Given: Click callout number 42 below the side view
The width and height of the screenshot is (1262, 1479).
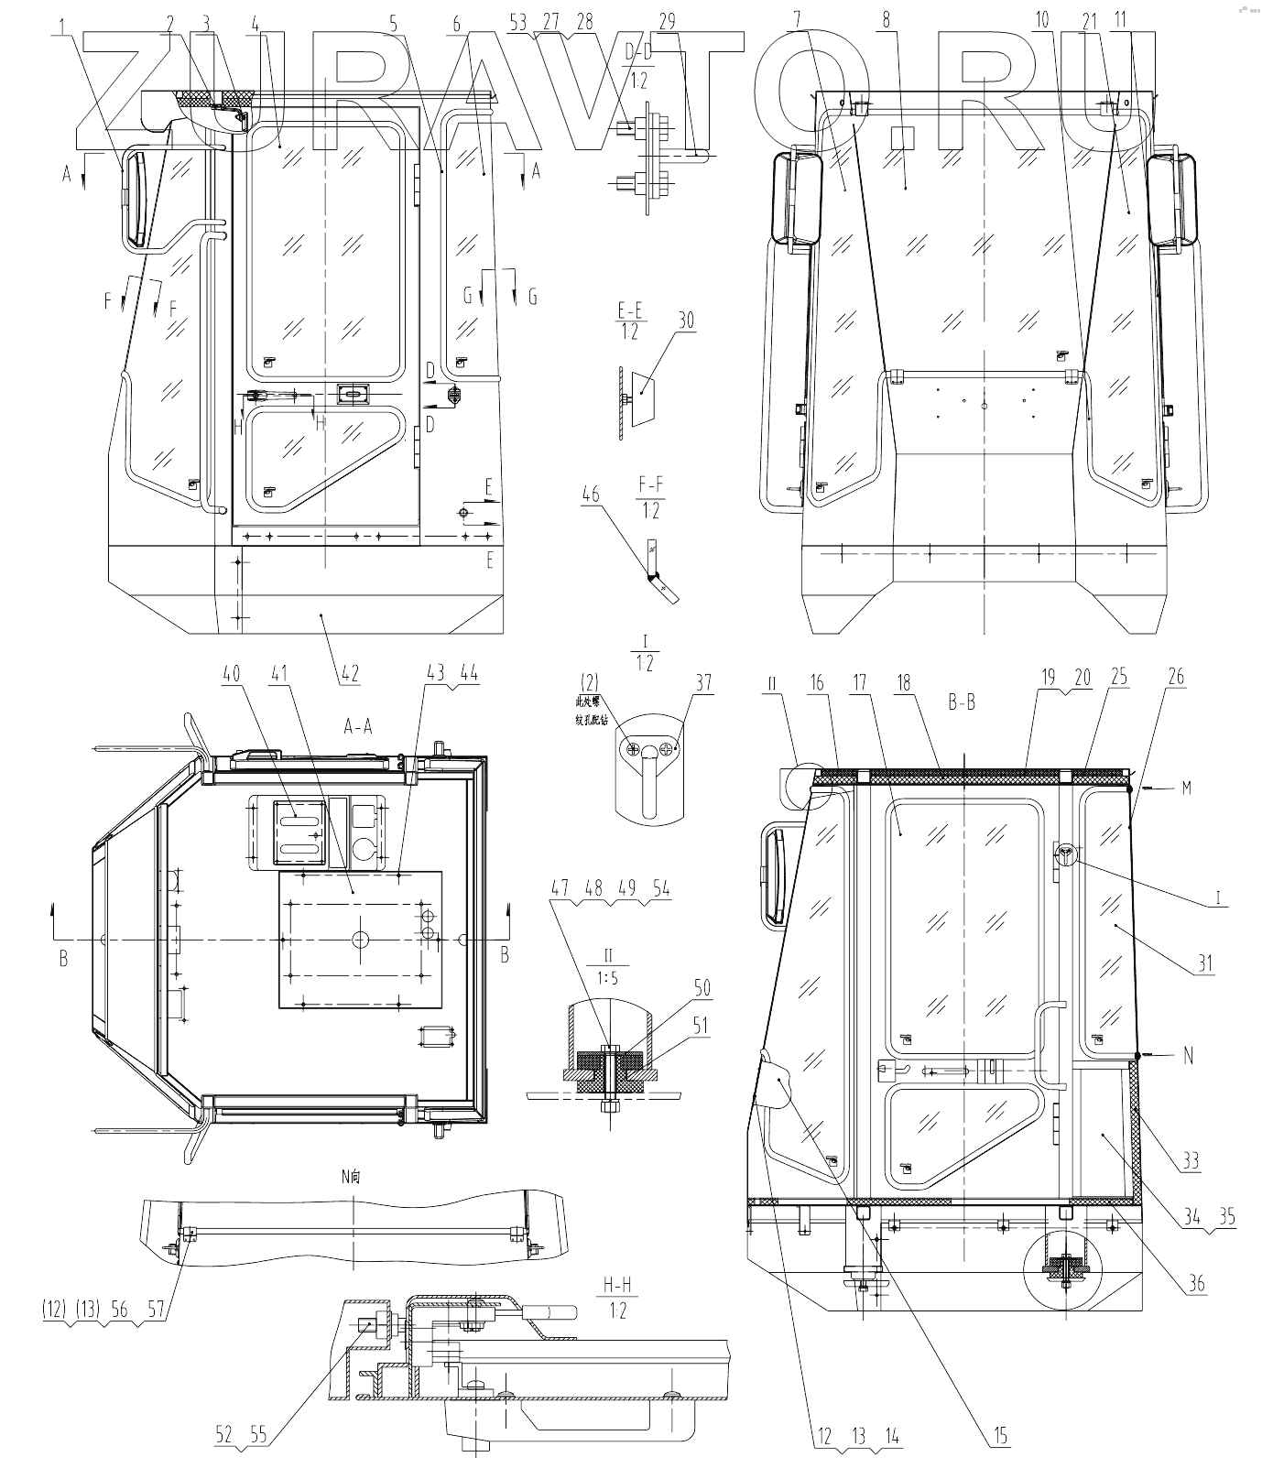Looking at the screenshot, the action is pos(350,675).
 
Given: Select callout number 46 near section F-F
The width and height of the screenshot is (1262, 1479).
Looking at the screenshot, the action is pos(591,495).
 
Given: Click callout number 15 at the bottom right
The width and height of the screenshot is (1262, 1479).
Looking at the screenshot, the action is pos(1000,1436).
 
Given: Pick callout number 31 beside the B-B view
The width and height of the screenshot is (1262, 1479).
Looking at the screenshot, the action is pos(1204,963).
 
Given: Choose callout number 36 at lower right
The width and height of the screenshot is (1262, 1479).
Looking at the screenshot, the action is pos(1197,1285).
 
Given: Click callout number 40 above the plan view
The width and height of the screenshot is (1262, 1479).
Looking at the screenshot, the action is pos(231,672).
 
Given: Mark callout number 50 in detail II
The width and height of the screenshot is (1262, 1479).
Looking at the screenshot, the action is pos(702,989).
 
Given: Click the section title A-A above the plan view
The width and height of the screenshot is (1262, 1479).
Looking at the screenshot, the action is pos(357,725).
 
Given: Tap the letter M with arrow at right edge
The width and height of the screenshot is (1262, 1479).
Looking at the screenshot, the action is pos(1186,788).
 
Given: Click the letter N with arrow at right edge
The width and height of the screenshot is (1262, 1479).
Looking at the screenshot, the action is pos(1188,1055).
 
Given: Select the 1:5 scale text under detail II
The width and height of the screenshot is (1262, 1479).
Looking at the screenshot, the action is pos(608,978).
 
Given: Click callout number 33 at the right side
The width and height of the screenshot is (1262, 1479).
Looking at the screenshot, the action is pos(1190,1161).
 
